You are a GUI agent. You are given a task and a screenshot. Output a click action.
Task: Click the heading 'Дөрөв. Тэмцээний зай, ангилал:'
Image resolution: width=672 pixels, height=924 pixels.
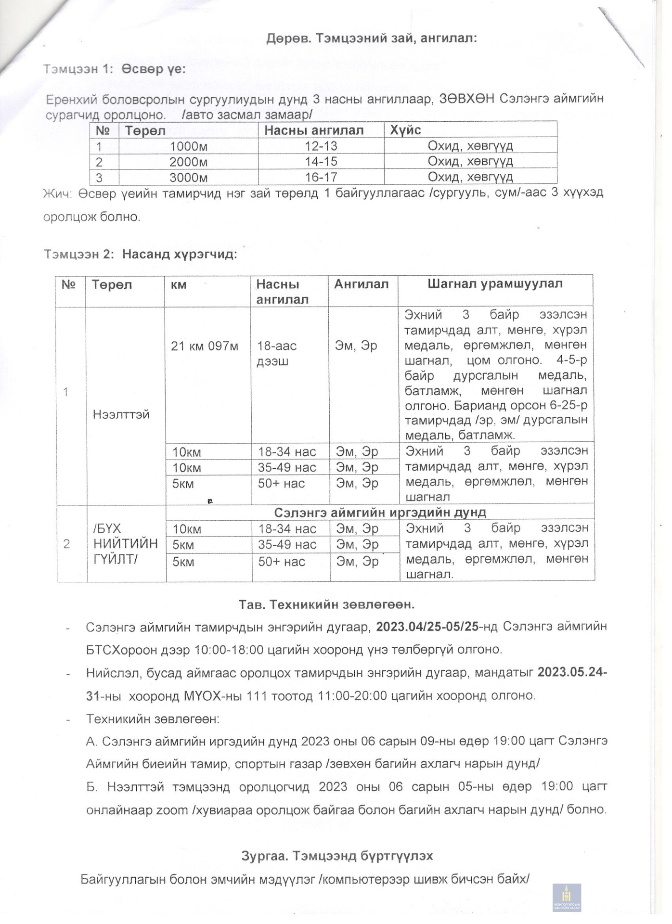371,38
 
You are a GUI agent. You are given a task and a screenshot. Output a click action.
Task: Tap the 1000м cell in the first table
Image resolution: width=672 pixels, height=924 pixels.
188,146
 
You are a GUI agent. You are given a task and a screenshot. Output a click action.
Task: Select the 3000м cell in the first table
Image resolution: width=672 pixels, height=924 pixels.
188,178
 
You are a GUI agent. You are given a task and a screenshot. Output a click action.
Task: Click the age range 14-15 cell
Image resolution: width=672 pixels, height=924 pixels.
321,162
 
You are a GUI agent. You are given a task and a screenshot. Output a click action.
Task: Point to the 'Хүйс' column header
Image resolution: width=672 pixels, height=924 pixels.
405,130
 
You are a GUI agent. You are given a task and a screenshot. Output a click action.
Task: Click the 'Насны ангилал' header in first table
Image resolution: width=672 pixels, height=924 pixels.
313,130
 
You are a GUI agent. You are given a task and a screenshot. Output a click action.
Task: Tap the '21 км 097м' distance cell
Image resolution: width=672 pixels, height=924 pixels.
205,346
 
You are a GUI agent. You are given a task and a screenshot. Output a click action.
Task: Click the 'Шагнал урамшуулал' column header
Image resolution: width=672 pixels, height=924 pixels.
495,284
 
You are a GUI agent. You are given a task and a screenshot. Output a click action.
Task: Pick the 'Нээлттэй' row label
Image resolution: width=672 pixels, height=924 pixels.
121,414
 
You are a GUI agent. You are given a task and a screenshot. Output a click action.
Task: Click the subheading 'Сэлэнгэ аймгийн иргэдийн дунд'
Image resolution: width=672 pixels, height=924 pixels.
380,513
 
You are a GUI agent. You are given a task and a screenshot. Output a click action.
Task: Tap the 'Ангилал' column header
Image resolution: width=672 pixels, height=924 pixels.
362,284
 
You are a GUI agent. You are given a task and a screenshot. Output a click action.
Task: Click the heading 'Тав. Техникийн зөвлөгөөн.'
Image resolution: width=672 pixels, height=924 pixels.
327,604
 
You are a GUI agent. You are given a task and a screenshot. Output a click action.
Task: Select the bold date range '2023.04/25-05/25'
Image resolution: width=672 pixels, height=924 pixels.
427,627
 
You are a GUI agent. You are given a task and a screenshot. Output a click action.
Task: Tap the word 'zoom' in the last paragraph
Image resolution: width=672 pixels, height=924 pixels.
172,810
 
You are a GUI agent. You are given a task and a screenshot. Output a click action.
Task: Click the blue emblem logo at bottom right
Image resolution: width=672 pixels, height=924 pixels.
567,898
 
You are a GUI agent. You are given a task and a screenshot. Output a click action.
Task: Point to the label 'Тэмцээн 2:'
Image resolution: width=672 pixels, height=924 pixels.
78,254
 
